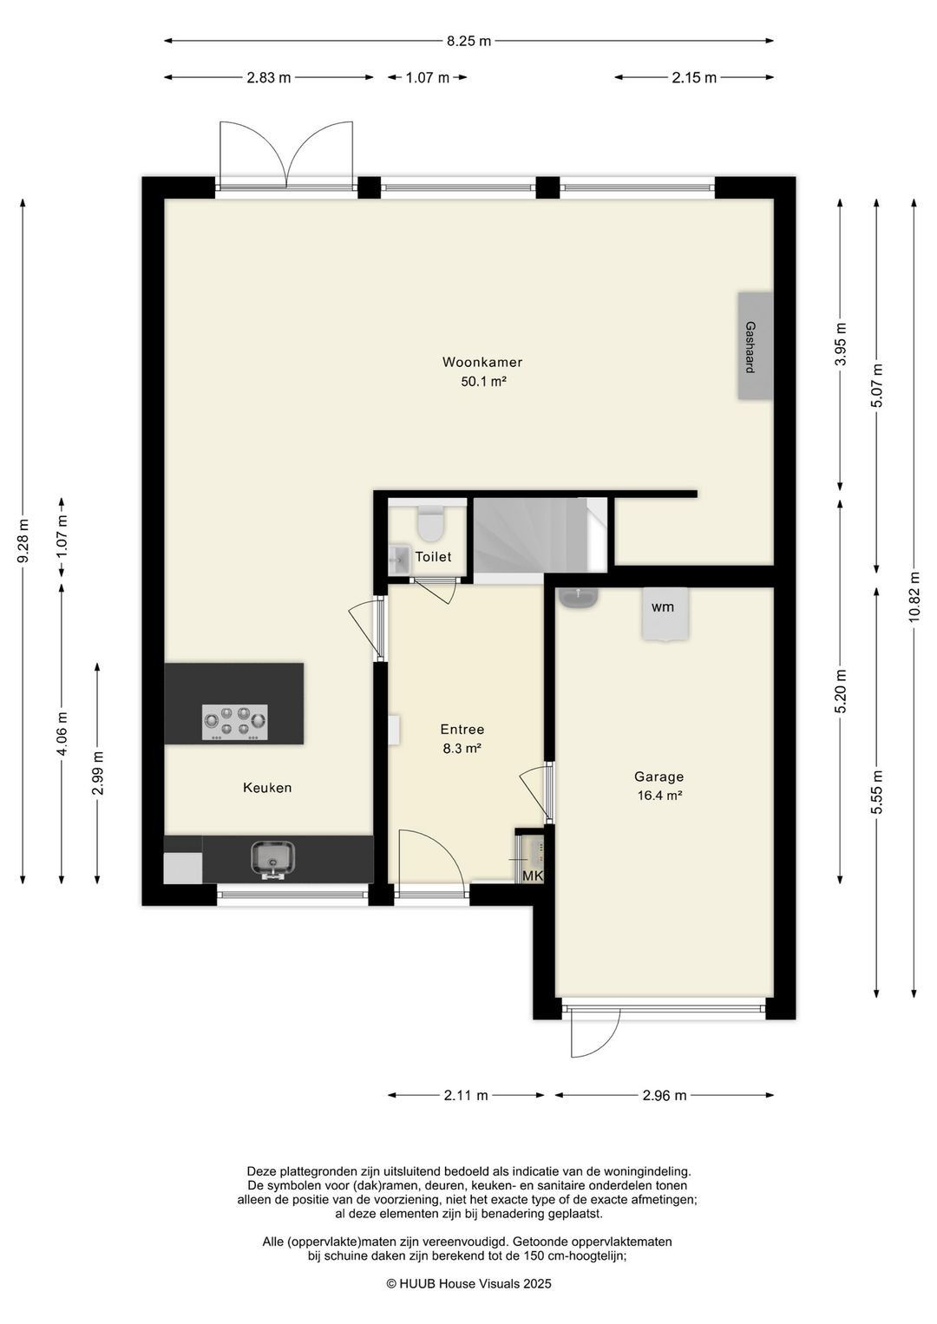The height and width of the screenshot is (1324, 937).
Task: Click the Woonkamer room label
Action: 482,362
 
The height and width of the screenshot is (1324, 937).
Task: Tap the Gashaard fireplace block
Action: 755,346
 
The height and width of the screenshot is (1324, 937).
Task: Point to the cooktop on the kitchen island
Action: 235,723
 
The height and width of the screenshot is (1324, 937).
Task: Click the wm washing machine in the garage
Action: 665,613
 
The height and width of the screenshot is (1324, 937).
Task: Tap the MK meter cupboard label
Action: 533,876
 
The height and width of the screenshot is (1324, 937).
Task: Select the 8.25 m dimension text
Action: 468,42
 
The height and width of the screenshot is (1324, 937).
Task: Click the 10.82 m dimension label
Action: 914,596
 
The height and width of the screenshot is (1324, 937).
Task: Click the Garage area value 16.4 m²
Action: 659,796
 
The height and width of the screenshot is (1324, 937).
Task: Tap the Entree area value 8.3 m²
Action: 462,749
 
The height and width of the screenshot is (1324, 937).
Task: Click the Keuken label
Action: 267,787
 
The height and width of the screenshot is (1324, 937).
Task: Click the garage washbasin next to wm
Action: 580,598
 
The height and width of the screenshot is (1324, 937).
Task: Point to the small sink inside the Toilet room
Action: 400,559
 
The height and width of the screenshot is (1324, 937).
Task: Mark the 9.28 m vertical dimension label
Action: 24,541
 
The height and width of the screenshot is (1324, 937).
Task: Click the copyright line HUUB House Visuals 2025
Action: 468,1283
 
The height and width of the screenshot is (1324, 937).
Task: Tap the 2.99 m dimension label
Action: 98,773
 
